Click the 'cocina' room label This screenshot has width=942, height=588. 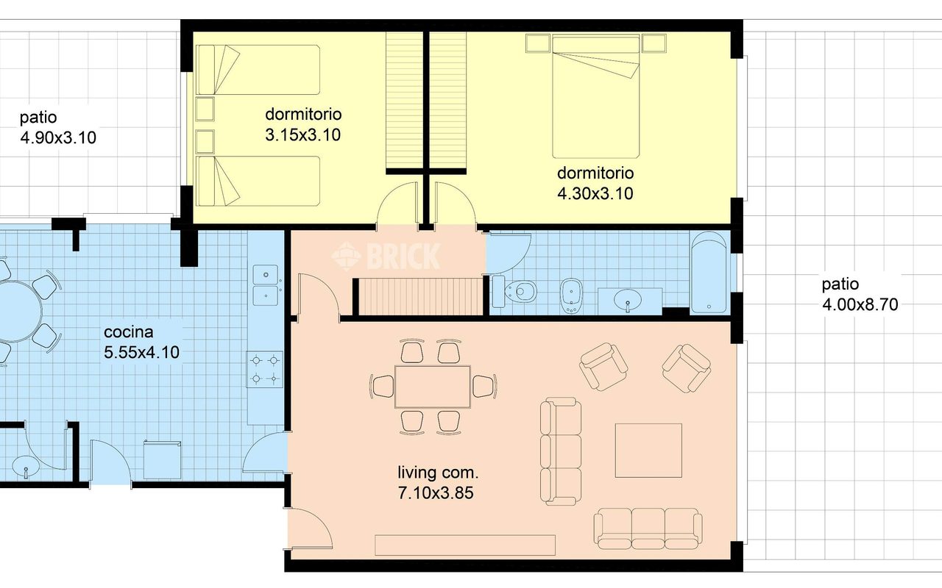pos(128,332)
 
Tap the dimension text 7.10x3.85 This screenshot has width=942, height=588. pos(436,493)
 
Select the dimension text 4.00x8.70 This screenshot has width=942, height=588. pos(860,304)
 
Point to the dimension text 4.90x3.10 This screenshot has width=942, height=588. pos(58,137)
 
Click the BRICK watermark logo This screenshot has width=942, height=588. pos(386,256)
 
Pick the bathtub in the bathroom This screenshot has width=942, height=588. pos(709,273)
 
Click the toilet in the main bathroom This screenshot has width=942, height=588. pos(515,290)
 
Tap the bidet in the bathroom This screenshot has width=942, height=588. pos(572,295)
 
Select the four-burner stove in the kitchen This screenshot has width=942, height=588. pos(264,370)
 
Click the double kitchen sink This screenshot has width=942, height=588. pos(266,285)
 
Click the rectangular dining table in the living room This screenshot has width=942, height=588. pos(432,387)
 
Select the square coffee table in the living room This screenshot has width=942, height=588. pos(648,451)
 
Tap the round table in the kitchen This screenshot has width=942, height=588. pos(17,311)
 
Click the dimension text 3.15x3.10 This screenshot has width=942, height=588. pos(302,135)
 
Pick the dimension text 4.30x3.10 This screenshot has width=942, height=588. pos(595,193)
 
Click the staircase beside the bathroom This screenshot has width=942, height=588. pos(419,296)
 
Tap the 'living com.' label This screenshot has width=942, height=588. pos(438,473)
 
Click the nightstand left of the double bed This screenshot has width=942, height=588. pos(538,43)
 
